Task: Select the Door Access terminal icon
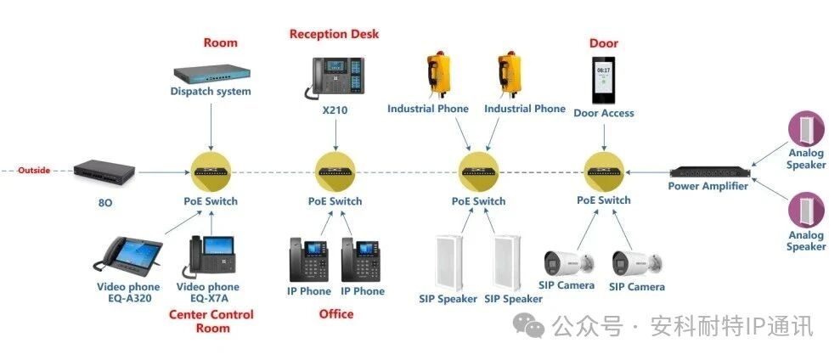tap(604, 80)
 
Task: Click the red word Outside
tap(34, 170)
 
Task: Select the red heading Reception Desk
tap(334, 34)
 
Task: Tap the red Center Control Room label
tap(211, 321)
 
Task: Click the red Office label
tap(335, 314)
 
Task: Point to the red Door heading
tap(603, 43)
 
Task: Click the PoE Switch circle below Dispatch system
tap(211, 171)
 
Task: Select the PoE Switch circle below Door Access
tap(604, 170)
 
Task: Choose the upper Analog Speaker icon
tap(804, 129)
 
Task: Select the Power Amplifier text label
tap(708, 187)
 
